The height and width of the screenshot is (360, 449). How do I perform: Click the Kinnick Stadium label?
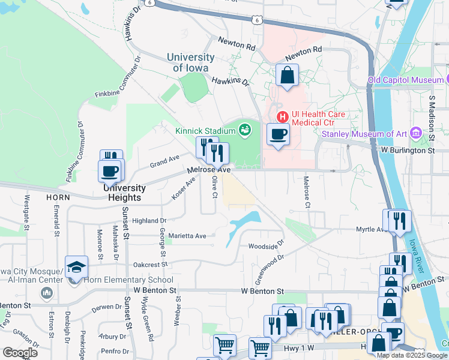pos(205,131)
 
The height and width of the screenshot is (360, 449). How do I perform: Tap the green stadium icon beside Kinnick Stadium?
pos(244,129)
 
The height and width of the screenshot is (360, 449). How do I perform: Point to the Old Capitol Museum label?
pos(405,80)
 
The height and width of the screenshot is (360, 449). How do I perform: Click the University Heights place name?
pos(124,193)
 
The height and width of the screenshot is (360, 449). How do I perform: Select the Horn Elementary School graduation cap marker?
pos(77,266)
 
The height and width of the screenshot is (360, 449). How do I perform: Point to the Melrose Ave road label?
pos(209,170)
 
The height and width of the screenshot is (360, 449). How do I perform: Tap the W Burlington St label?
pos(407,151)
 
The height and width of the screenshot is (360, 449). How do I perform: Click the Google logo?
pos(20,353)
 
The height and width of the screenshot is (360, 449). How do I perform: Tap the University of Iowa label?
pos(190,62)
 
